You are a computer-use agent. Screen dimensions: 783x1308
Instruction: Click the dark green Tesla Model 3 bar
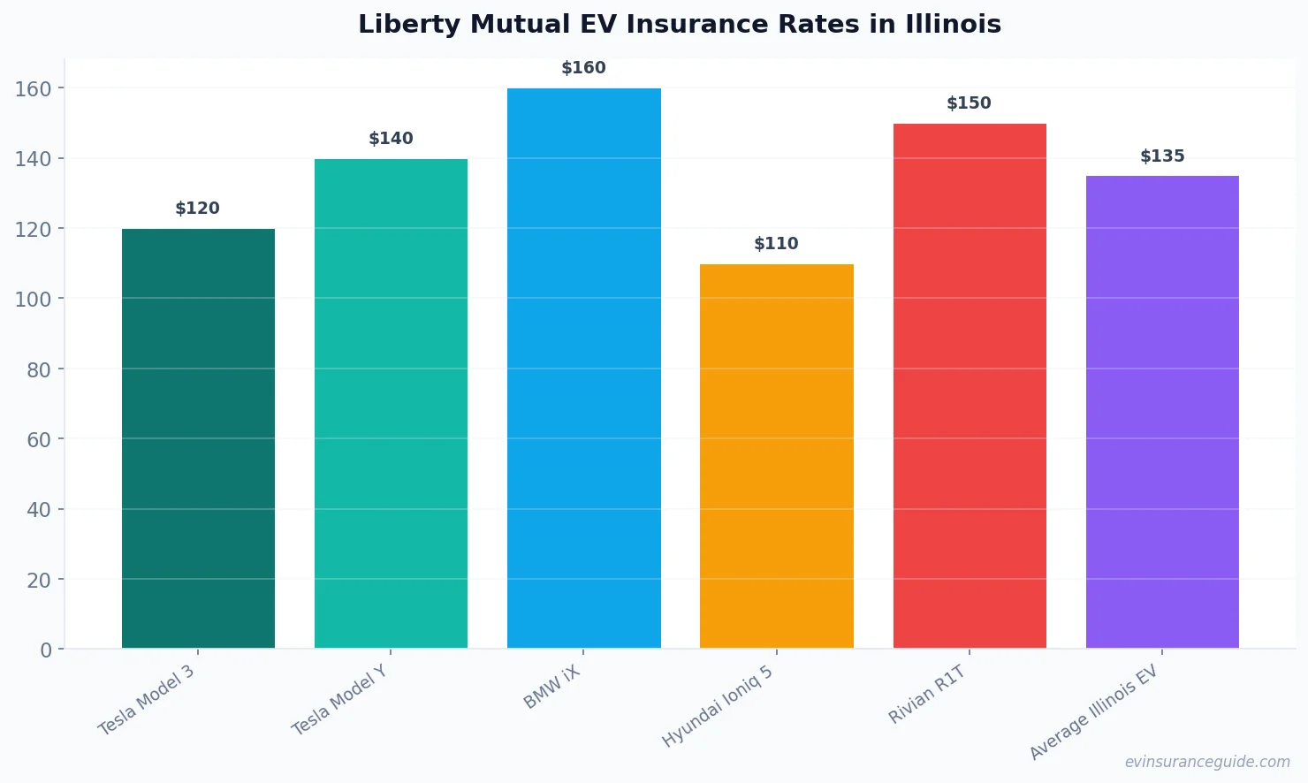pos(198,438)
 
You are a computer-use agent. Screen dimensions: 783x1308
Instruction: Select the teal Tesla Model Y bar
pos(391,404)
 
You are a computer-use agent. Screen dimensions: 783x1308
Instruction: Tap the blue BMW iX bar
pos(583,369)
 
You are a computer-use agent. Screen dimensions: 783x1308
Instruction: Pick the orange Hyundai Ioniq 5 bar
pos(776,456)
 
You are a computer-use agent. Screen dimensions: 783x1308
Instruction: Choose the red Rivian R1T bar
pos(970,386)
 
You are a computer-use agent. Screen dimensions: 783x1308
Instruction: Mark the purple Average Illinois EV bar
pos(1162,412)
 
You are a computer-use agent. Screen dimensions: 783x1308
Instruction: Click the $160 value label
pos(583,68)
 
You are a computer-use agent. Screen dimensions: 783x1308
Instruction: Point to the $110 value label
pos(776,244)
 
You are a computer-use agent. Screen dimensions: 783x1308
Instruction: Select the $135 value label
pos(1162,156)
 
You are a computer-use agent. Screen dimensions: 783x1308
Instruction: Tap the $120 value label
pos(198,209)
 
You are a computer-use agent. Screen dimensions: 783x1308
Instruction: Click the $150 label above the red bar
pos(970,103)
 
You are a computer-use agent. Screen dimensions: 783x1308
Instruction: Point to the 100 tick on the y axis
pos(33,299)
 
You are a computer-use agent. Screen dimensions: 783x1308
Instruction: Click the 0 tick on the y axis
pos(46,650)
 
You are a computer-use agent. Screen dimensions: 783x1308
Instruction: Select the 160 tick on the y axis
pos(33,88)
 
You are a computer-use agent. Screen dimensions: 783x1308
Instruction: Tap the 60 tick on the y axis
pos(39,439)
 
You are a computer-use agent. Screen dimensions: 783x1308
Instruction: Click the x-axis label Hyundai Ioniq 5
pos(718,706)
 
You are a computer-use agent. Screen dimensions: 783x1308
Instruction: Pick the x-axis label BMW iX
pos(552,688)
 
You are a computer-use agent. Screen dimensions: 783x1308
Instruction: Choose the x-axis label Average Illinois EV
pos(1093,713)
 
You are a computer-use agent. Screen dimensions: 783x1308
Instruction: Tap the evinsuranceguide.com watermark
pos(1207,762)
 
